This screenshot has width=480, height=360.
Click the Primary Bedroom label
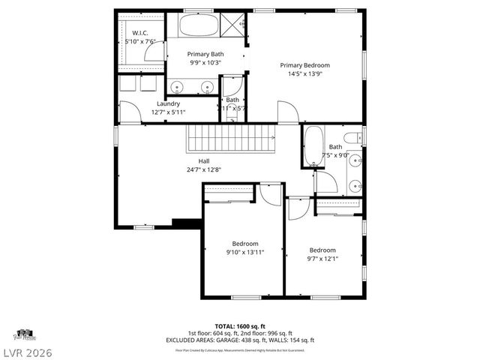(x=305, y=65)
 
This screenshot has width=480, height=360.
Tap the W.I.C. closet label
(x=141, y=33)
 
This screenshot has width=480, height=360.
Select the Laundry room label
(x=168, y=103)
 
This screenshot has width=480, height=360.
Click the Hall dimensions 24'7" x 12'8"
(x=204, y=169)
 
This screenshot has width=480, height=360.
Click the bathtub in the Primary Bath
(x=199, y=25)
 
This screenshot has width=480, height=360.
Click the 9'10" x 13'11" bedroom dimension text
(x=244, y=253)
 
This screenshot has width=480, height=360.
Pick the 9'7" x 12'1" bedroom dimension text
(x=323, y=259)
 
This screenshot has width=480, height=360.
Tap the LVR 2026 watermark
(x=27, y=352)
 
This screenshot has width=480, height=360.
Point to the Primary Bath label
(x=205, y=54)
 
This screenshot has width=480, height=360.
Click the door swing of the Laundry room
(x=130, y=114)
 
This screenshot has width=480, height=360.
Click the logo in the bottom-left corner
(x=23, y=334)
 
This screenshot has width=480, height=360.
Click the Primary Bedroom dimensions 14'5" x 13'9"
(x=305, y=74)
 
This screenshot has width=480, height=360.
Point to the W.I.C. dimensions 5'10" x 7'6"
(x=141, y=42)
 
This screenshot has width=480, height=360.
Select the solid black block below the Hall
(x=187, y=222)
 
